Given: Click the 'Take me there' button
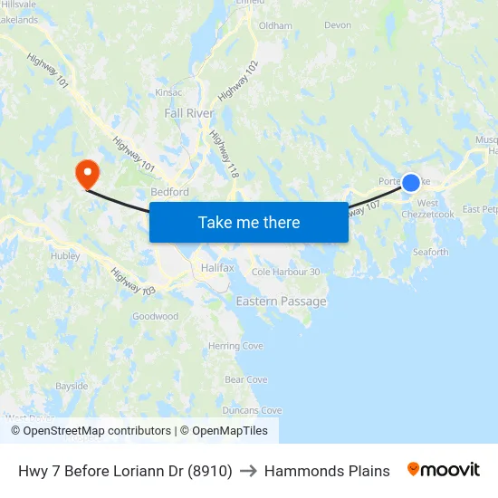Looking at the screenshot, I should click(x=248, y=222).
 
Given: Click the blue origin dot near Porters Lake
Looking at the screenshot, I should click(x=410, y=183).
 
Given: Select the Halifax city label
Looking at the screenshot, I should click(x=217, y=269).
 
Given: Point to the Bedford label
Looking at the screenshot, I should click(x=169, y=192).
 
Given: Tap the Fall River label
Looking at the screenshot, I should click(x=189, y=113).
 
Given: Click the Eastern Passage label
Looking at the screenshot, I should click(x=281, y=301).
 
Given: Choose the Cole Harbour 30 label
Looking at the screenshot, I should click(x=285, y=272).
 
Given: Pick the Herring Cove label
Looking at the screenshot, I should click(x=235, y=346).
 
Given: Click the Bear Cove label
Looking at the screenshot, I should click(x=245, y=379).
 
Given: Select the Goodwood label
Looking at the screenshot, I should click(x=155, y=316).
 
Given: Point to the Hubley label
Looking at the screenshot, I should click(x=65, y=255).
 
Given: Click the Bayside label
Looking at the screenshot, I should click(x=72, y=386).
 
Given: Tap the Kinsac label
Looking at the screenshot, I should click(x=168, y=92).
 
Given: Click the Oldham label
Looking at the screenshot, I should click(x=275, y=26).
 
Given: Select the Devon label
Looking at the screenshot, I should click(x=337, y=25).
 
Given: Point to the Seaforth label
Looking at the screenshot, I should click(x=430, y=253).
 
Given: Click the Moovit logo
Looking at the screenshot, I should click(x=443, y=470).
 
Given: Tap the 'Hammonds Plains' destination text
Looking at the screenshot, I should click(x=327, y=471).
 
